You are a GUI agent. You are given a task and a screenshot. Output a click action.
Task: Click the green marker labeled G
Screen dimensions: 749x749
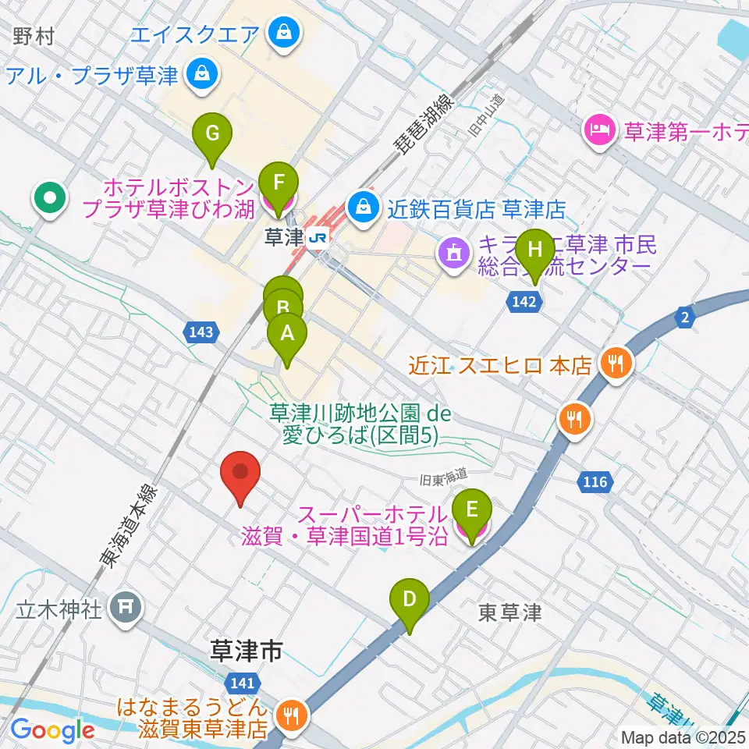(212, 133)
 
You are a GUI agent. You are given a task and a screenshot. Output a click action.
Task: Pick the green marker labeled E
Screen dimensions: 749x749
(471, 511)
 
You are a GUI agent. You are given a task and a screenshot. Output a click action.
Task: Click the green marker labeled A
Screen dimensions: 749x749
(287, 335)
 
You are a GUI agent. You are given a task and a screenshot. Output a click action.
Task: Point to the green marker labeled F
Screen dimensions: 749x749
(279, 184)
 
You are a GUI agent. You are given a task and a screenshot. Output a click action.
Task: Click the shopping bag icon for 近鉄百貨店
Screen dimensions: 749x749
(363, 207)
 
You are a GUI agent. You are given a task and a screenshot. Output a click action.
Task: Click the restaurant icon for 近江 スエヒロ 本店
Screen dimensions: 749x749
(616, 363)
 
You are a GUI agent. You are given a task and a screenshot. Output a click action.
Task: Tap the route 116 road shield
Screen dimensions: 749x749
(595, 483)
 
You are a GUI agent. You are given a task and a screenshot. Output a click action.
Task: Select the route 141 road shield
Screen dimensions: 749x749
(242, 683)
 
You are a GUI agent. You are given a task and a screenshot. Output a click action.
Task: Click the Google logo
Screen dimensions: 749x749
(52, 730)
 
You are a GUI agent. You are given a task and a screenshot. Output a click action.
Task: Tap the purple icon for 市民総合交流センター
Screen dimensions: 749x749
(454, 252)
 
